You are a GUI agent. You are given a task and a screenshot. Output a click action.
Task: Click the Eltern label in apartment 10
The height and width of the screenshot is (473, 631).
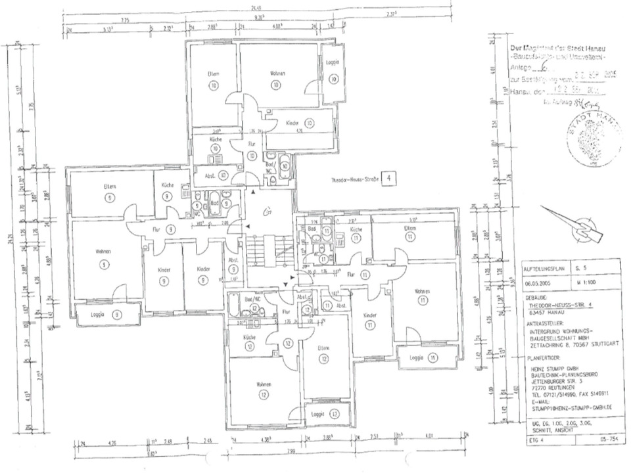(x=212, y=73)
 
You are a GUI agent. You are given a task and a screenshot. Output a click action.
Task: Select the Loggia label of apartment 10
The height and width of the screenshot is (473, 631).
(x=333, y=62)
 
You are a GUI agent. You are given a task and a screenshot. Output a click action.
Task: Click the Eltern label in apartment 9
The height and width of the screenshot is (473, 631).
(x=110, y=187)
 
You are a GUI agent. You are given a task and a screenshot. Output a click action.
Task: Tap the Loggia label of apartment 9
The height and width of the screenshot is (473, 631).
(x=103, y=315)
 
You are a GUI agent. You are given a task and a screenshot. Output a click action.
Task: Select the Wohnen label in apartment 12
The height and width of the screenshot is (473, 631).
(x=265, y=384)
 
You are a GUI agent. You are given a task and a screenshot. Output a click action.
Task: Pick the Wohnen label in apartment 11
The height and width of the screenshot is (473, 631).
(x=422, y=291)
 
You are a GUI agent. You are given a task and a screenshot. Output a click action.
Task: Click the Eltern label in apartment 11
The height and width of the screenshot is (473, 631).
(x=411, y=228)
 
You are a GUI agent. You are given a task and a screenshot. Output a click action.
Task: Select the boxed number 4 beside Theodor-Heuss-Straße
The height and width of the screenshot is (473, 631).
(x=389, y=177)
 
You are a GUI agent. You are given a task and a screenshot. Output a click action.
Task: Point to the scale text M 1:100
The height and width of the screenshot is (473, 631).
(x=584, y=282)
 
